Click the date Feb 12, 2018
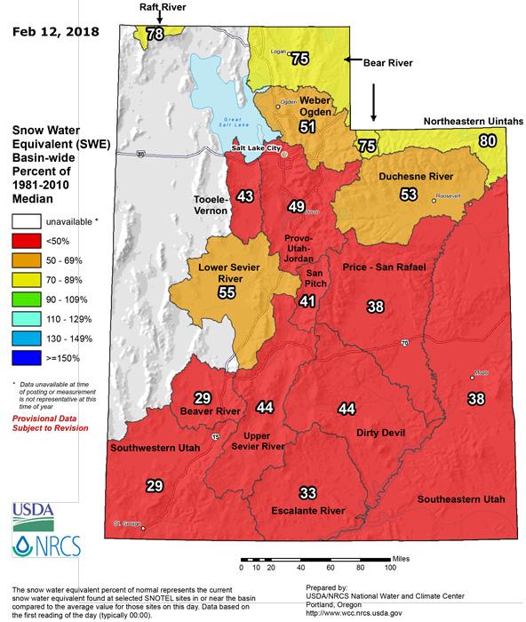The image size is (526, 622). [54, 34]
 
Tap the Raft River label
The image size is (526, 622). [161, 6]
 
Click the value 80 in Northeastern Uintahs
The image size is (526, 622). [487, 140]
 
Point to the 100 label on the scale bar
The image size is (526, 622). [388, 566]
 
